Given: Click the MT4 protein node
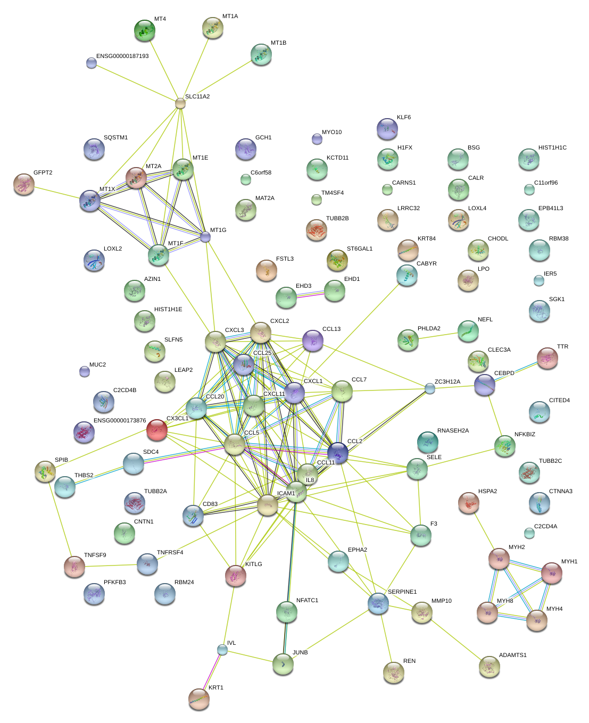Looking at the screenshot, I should [x=144, y=30].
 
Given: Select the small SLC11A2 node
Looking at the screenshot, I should [x=180, y=103].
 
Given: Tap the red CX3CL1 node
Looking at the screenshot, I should [x=157, y=429].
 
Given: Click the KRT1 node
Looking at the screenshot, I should [x=199, y=699].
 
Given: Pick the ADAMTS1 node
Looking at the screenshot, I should [x=490, y=666].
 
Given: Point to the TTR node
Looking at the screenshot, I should [x=547, y=358].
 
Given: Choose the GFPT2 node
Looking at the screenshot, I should [x=23, y=184].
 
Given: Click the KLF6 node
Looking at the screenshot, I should [x=387, y=129].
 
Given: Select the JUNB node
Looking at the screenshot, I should [x=283, y=663].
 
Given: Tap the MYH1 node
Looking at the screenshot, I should [x=552, y=573].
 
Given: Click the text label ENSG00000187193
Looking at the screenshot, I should [x=122, y=56].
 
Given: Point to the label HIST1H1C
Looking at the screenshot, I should [x=552, y=148].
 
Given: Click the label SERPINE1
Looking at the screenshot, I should [x=402, y=592].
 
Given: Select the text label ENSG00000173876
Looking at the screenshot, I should [x=120, y=421].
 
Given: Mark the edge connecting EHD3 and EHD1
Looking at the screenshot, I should [x=310, y=294].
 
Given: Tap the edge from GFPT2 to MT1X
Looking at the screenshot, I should [x=56, y=192].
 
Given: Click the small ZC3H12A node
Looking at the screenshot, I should [x=430, y=389].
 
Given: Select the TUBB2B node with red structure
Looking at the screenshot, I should [x=317, y=229].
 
